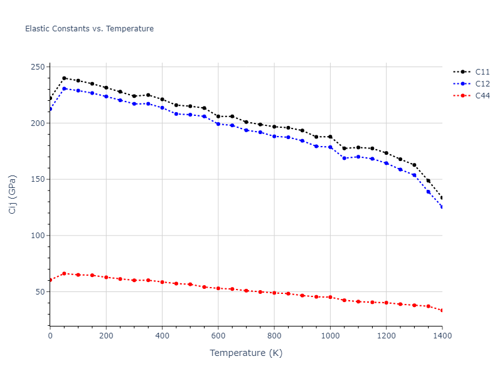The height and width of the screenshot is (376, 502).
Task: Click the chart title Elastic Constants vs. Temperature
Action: click(89, 29)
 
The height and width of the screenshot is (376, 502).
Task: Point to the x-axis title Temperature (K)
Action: click(246, 353)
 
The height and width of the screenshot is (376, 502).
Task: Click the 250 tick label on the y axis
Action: click(37, 67)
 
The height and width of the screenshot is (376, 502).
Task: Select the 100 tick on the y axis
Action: click(37, 236)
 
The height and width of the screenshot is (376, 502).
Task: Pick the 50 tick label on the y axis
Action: click(40, 292)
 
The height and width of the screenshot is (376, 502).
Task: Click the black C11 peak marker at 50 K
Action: click(64, 78)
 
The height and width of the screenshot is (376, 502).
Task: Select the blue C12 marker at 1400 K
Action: click(442, 207)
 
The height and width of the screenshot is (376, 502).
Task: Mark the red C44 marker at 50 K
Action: click(64, 273)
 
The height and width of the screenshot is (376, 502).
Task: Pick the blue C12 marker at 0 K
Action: click(50, 109)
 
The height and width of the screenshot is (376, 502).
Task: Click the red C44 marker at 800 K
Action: click(274, 293)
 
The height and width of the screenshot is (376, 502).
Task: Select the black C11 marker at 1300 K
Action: click(414, 165)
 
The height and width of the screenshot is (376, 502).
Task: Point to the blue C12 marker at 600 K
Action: click(218, 124)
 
